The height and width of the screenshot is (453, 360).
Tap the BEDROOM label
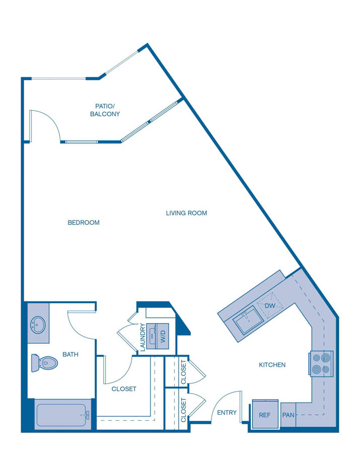pyautogui.click(x=84, y=222)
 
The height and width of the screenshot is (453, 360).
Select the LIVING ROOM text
pyautogui.click(x=186, y=213)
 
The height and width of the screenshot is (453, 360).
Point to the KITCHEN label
pyautogui.click(x=272, y=365)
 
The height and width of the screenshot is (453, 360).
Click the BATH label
pyautogui.click(x=70, y=354)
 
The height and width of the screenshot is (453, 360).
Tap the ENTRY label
pyautogui.click(x=227, y=413)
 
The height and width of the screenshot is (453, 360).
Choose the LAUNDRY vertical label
pyautogui.click(x=143, y=337)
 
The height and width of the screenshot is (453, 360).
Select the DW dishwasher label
pyautogui.click(x=270, y=306)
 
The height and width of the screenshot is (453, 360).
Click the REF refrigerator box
pyautogui.click(x=265, y=415)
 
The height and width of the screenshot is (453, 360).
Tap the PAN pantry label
pyautogui.click(x=288, y=415)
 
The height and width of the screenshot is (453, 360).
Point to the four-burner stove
pyautogui.click(x=321, y=364)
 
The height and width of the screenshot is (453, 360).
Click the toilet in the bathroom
pyautogui.click(x=44, y=362)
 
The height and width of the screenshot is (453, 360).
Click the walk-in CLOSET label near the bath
pyautogui.click(x=124, y=389)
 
